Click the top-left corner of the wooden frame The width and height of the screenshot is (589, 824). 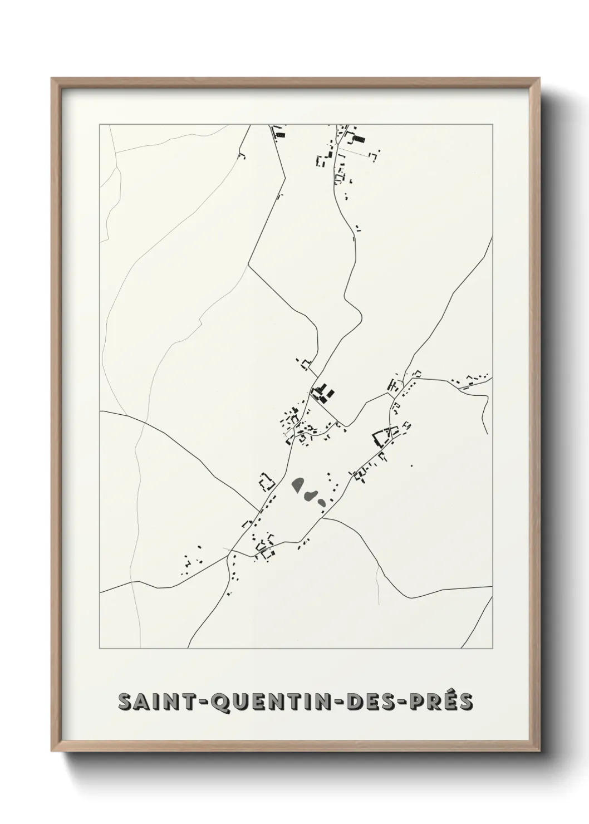(52, 79)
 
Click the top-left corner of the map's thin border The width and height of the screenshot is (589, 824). (100, 125)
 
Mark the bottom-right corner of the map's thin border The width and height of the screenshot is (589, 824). (492, 649)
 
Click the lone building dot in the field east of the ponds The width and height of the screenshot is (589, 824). (411, 465)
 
